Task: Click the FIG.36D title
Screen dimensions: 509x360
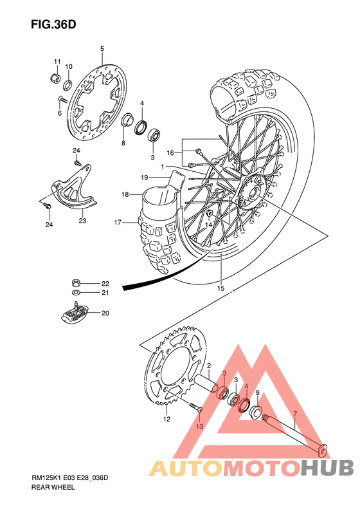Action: [x=53, y=24]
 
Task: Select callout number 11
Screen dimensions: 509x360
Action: [x=57, y=62]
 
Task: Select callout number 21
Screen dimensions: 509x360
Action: [x=105, y=293]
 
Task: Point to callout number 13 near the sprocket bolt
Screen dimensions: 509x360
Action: [x=199, y=427]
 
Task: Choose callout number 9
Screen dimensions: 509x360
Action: [x=257, y=393]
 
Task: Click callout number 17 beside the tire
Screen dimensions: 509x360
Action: [x=118, y=223]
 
